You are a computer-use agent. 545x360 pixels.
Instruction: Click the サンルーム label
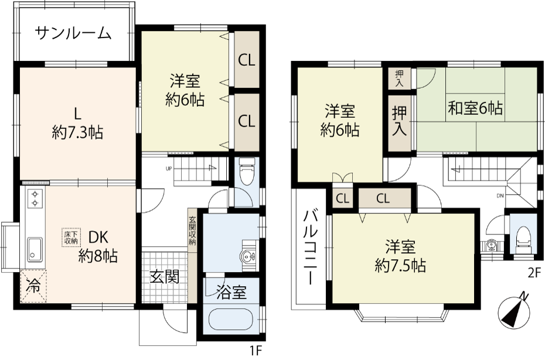(73, 33)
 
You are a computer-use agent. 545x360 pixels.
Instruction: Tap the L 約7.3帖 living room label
(77, 124)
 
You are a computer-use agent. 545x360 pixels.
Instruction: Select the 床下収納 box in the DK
(71, 237)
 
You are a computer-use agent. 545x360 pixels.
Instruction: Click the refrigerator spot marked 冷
(33, 286)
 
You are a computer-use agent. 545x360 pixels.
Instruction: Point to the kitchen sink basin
(35, 249)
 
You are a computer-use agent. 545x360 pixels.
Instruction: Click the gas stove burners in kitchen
(35, 198)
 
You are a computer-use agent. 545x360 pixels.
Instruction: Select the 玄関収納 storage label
(192, 231)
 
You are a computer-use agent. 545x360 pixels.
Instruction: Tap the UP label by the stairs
(169, 169)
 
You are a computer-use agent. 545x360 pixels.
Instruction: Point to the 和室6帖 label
(475, 108)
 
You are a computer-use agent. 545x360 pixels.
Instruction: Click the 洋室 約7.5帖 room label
(400, 256)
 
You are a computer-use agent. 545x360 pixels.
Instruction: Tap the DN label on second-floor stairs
(500, 196)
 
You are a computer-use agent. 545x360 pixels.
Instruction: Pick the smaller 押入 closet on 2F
(399, 79)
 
